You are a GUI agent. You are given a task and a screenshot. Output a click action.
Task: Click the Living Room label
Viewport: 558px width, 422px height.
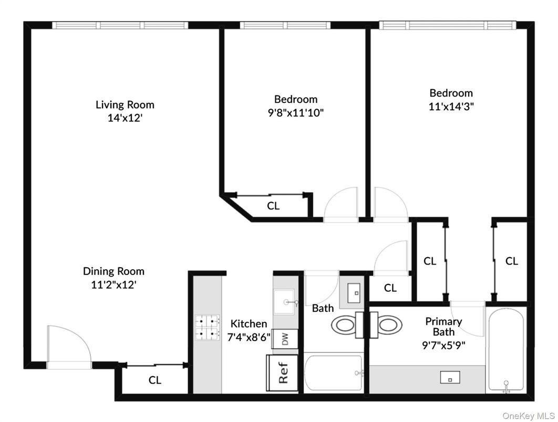coord(125,104)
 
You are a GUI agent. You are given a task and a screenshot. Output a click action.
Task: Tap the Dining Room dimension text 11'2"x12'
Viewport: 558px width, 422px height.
coord(113,285)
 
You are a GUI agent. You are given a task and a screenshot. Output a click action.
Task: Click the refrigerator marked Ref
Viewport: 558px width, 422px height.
coord(284,372)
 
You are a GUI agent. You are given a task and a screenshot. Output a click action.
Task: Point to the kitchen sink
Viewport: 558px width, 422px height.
coord(286,302)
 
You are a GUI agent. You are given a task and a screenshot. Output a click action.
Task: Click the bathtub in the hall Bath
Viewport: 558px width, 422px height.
coord(334,373)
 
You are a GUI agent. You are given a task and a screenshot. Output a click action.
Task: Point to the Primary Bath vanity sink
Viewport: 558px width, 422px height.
coord(450,377)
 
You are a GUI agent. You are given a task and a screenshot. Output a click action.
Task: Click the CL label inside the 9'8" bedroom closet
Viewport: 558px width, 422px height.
coord(273,206)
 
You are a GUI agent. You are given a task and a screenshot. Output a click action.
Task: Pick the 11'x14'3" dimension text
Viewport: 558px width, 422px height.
coord(451,106)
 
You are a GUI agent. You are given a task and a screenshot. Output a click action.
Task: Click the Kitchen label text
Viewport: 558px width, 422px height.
coord(249,324)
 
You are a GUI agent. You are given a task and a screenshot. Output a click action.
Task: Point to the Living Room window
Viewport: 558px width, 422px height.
coord(120,25)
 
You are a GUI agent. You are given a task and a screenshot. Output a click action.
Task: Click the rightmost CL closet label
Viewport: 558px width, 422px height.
coord(511,261)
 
